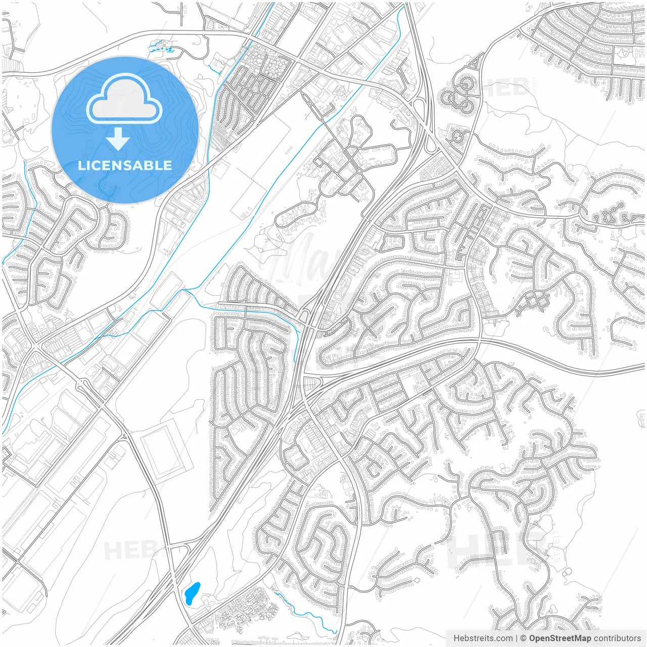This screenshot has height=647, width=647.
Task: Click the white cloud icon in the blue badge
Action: (x=124, y=99)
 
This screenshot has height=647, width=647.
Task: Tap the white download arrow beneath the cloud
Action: (x=118, y=139)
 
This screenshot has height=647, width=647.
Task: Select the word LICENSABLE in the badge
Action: (x=124, y=165)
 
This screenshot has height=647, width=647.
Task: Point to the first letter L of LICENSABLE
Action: (x=81, y=165)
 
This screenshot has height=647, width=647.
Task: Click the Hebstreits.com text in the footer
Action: (x=483, y=638)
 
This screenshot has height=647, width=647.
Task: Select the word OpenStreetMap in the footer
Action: (x=560, y=638)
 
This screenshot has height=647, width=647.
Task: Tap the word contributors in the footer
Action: (x=617, y=638)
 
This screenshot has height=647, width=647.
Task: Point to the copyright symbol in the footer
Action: (x=524, y=638)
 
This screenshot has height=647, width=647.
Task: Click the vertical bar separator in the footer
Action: (x=517, y=638)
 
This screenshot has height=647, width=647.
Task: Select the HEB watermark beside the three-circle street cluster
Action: (x=505, y=87)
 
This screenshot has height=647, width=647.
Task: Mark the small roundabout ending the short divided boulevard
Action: (x=359, y=171)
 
